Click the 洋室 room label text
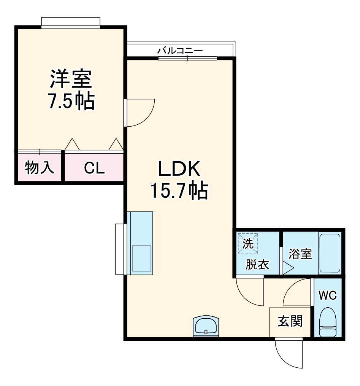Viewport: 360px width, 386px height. [x=71, y=79]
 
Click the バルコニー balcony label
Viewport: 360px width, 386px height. [x=180, y=50]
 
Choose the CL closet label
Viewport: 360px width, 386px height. [x=94, y=168]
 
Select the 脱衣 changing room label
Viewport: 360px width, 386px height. [x=257, y=264]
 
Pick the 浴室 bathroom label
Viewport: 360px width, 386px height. [x=300, y=254]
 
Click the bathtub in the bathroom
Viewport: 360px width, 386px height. [x=329, y=253]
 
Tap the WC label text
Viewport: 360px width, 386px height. [x=327, y=295]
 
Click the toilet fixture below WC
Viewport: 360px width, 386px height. [x=327, y=322]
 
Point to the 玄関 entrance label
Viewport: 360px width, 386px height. [x=290, y=322]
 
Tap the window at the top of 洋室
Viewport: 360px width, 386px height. [x=71, y=22]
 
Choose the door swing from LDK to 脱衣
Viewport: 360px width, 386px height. [x=249, y=291]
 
